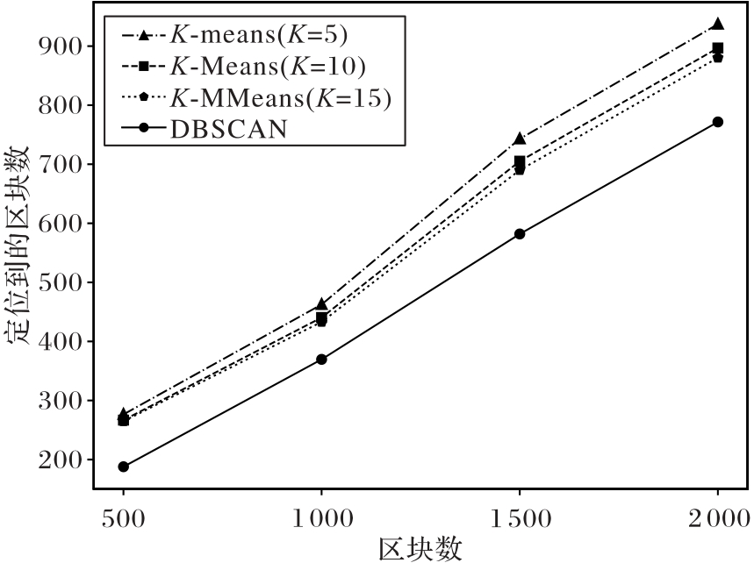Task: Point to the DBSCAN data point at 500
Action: point(124,467)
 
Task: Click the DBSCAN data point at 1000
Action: point(321,360)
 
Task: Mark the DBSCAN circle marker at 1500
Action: point(520,234)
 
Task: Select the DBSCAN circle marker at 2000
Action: point(718,122)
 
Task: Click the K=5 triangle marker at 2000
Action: point(718,25)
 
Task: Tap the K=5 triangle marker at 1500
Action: point(520,139)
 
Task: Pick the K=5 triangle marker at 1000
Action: point(321,304)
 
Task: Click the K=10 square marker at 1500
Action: point(520,161)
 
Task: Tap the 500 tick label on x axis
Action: point(124,519)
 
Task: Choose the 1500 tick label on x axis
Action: point(520,519)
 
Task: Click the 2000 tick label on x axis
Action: point(718,519)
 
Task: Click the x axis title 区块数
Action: point(420,548)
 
